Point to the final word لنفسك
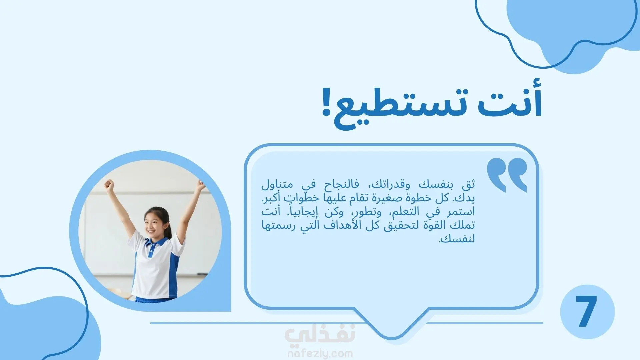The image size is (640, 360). pos(456,239)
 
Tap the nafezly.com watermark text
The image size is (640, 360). pos(320,353)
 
